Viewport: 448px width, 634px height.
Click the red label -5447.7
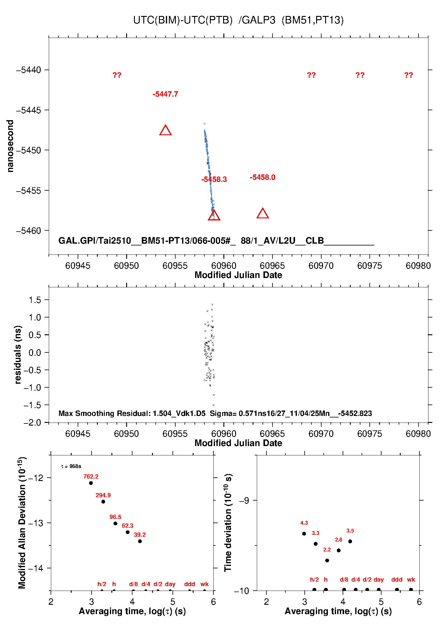coord(165,94)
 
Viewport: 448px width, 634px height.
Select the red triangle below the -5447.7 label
coord(166,130)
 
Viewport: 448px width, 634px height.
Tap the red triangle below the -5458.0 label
coord(263,214)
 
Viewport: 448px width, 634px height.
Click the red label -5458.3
coord(214,180)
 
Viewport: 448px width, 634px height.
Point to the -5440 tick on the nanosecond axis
coord(29,70)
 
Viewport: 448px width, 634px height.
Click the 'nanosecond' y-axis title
coord(10,146)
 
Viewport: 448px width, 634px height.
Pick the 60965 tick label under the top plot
coord(272,266)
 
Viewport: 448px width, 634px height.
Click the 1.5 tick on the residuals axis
coord(35,300)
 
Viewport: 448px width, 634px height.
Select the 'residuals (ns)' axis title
coord(18,354)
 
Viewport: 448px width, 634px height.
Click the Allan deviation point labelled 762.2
coord(91,483)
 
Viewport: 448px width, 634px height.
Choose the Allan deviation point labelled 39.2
coord(140,541)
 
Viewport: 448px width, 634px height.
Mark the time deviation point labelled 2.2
coord(327,561)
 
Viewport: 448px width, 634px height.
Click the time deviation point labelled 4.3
coord(304,534)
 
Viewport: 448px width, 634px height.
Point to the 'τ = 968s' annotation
coord(71,467)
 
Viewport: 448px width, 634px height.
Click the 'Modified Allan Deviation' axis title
coord(22,523)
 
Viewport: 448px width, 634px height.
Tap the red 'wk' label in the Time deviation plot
coord(411,579)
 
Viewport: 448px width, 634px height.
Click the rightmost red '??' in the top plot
coord(409,75)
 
